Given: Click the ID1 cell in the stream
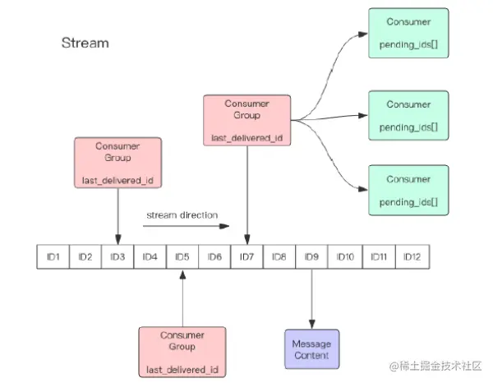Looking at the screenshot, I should click(53, 257).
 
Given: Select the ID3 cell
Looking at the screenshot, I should click(117, 257).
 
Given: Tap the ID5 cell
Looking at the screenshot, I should click(182, 257).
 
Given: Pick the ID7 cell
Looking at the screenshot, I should click(246, 257).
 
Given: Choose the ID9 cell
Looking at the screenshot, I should click(311, 257).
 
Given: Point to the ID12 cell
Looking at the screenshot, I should click(412, 257).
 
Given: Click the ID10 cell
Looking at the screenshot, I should click(345, 257).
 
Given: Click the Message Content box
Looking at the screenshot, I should click(311, 349).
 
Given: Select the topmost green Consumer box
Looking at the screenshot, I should click(408, 33).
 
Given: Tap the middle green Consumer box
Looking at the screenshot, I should click(408, 116).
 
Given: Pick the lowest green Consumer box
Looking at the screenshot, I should click(408, 190).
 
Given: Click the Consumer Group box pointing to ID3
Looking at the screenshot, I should click(117, 163).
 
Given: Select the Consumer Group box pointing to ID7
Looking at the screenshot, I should click(246, 120).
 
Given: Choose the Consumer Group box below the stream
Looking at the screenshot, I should click(182, 352).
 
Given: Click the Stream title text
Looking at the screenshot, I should click(85, 43).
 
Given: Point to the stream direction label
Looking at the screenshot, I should click(182, 215).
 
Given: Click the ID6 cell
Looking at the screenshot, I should click(214, 257).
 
